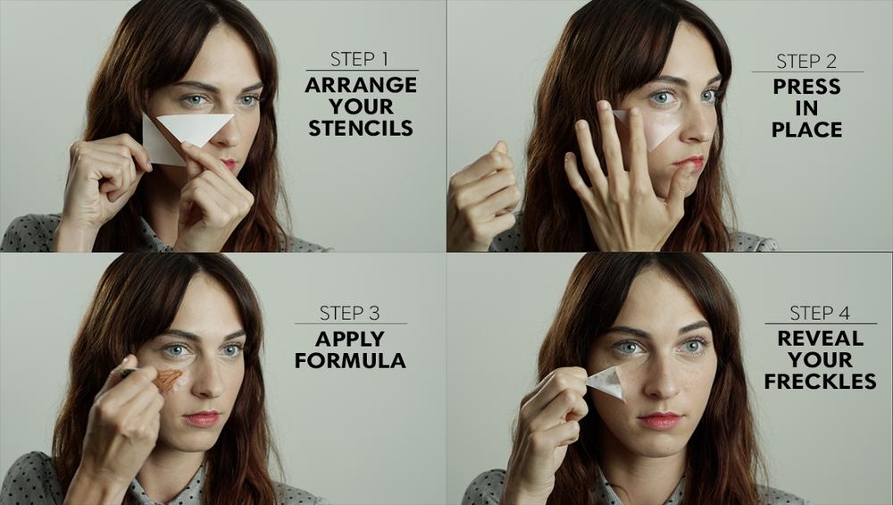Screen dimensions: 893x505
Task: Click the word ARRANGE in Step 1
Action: (361, 86)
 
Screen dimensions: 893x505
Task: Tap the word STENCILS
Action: (361, 128)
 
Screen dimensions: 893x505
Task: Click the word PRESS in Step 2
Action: (806, 87)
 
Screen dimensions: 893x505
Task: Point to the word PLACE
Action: (807, 130)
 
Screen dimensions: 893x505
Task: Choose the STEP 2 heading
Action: (805, 61)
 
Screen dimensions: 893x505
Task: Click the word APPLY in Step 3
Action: (350, 339)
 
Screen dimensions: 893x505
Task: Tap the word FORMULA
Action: (350, 360)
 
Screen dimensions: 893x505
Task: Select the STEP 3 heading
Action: (349, 313)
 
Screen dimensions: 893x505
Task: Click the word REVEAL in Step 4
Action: (820, 339)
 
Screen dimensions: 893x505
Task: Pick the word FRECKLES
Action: (820, 382)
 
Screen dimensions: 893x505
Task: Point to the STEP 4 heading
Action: (820, 313)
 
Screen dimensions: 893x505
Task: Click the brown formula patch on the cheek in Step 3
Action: (168, 380)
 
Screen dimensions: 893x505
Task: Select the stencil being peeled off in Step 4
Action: (607, 382)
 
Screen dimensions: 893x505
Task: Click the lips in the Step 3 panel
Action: (202, 419)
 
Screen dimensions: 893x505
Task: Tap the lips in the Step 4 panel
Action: (660, 421)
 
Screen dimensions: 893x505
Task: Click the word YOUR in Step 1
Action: (361, 106)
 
